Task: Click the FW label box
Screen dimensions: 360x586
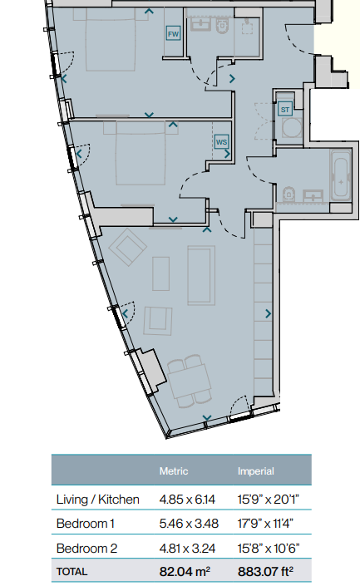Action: coord(173,33)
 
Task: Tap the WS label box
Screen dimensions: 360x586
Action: coord(221,142)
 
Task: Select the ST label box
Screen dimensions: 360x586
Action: coord(285,110)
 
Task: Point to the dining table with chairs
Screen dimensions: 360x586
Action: coord(190,381)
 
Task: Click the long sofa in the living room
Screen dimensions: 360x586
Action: coord(201,275)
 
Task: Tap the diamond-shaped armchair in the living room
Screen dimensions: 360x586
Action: coord(127,247)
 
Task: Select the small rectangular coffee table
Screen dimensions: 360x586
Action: coord(160,273)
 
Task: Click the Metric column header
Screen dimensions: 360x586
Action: coord(174,471)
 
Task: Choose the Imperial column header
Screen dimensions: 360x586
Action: coord(256,471)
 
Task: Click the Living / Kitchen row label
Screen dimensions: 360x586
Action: coord(98,500)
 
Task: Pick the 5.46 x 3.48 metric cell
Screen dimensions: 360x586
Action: coord(189,523)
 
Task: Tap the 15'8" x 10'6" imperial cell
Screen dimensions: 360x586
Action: coord(269,549)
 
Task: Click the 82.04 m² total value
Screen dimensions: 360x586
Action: coord(185,571)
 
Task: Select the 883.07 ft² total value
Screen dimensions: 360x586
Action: coord(265,571)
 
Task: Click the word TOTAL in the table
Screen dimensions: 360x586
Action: coord(72,571)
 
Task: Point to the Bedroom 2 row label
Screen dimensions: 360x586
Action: coord(86,549)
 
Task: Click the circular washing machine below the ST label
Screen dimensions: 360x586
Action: coord(292,127)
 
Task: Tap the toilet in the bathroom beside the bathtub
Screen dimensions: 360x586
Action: coord(288,195)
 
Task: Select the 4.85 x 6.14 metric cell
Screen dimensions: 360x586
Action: coord(187,500)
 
